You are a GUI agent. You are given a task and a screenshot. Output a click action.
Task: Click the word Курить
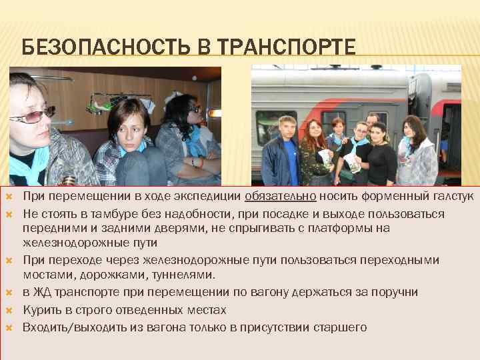[x=41, y=310]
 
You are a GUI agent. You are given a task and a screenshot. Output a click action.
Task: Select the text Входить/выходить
[x=69, y=327]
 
